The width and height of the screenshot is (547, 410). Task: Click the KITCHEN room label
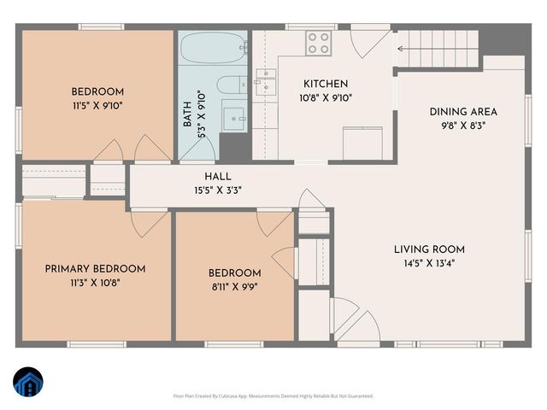click(x=326, y=84)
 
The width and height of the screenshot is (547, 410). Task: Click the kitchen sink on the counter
click(x=267, y=80)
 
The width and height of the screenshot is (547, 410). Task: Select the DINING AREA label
click(x=463, y=111)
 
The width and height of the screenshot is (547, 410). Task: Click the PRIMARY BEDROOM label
click(x=95, y=268)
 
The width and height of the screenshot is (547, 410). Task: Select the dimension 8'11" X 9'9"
click(x=233, y=288)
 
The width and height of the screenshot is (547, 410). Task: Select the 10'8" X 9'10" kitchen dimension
click(x=326, y=97)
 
